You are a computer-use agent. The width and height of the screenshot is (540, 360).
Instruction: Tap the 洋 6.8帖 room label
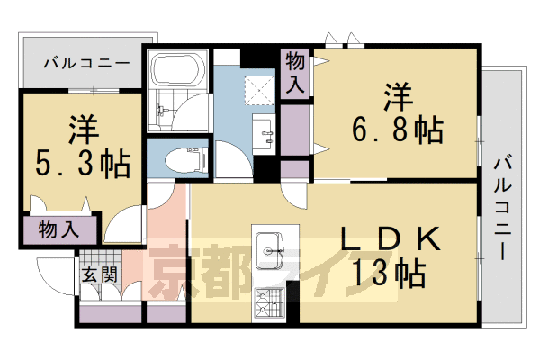[x=397, y=114]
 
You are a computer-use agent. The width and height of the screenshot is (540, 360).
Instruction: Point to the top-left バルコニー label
[x=85, y=63]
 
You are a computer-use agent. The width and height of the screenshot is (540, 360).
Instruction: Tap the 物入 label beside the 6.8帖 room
[x=295, y=74]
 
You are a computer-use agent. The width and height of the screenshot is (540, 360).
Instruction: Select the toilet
[x=188, y=160]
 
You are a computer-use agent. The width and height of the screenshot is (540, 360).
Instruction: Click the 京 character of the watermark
[x=175, y=270]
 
